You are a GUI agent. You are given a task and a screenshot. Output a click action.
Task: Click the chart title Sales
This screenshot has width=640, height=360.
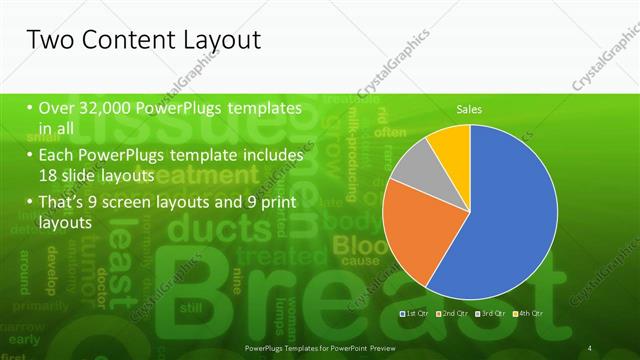click(x=470, y=108)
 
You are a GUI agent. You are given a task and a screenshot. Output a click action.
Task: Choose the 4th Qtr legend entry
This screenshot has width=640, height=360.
click(x=530, y=313)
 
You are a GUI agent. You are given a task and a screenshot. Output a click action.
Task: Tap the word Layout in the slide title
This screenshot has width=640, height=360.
click(x=217, y=41)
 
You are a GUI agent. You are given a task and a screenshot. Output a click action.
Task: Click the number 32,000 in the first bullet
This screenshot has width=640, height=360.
click(x=101, y=108)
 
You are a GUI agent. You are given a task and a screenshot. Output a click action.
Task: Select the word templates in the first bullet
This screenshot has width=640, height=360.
click(x=265, y=108)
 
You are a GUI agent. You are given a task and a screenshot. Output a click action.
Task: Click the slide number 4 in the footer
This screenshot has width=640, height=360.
click(x=590, y=347)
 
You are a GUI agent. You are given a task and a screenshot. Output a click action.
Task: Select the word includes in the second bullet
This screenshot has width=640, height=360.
click(x=267, y=156)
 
